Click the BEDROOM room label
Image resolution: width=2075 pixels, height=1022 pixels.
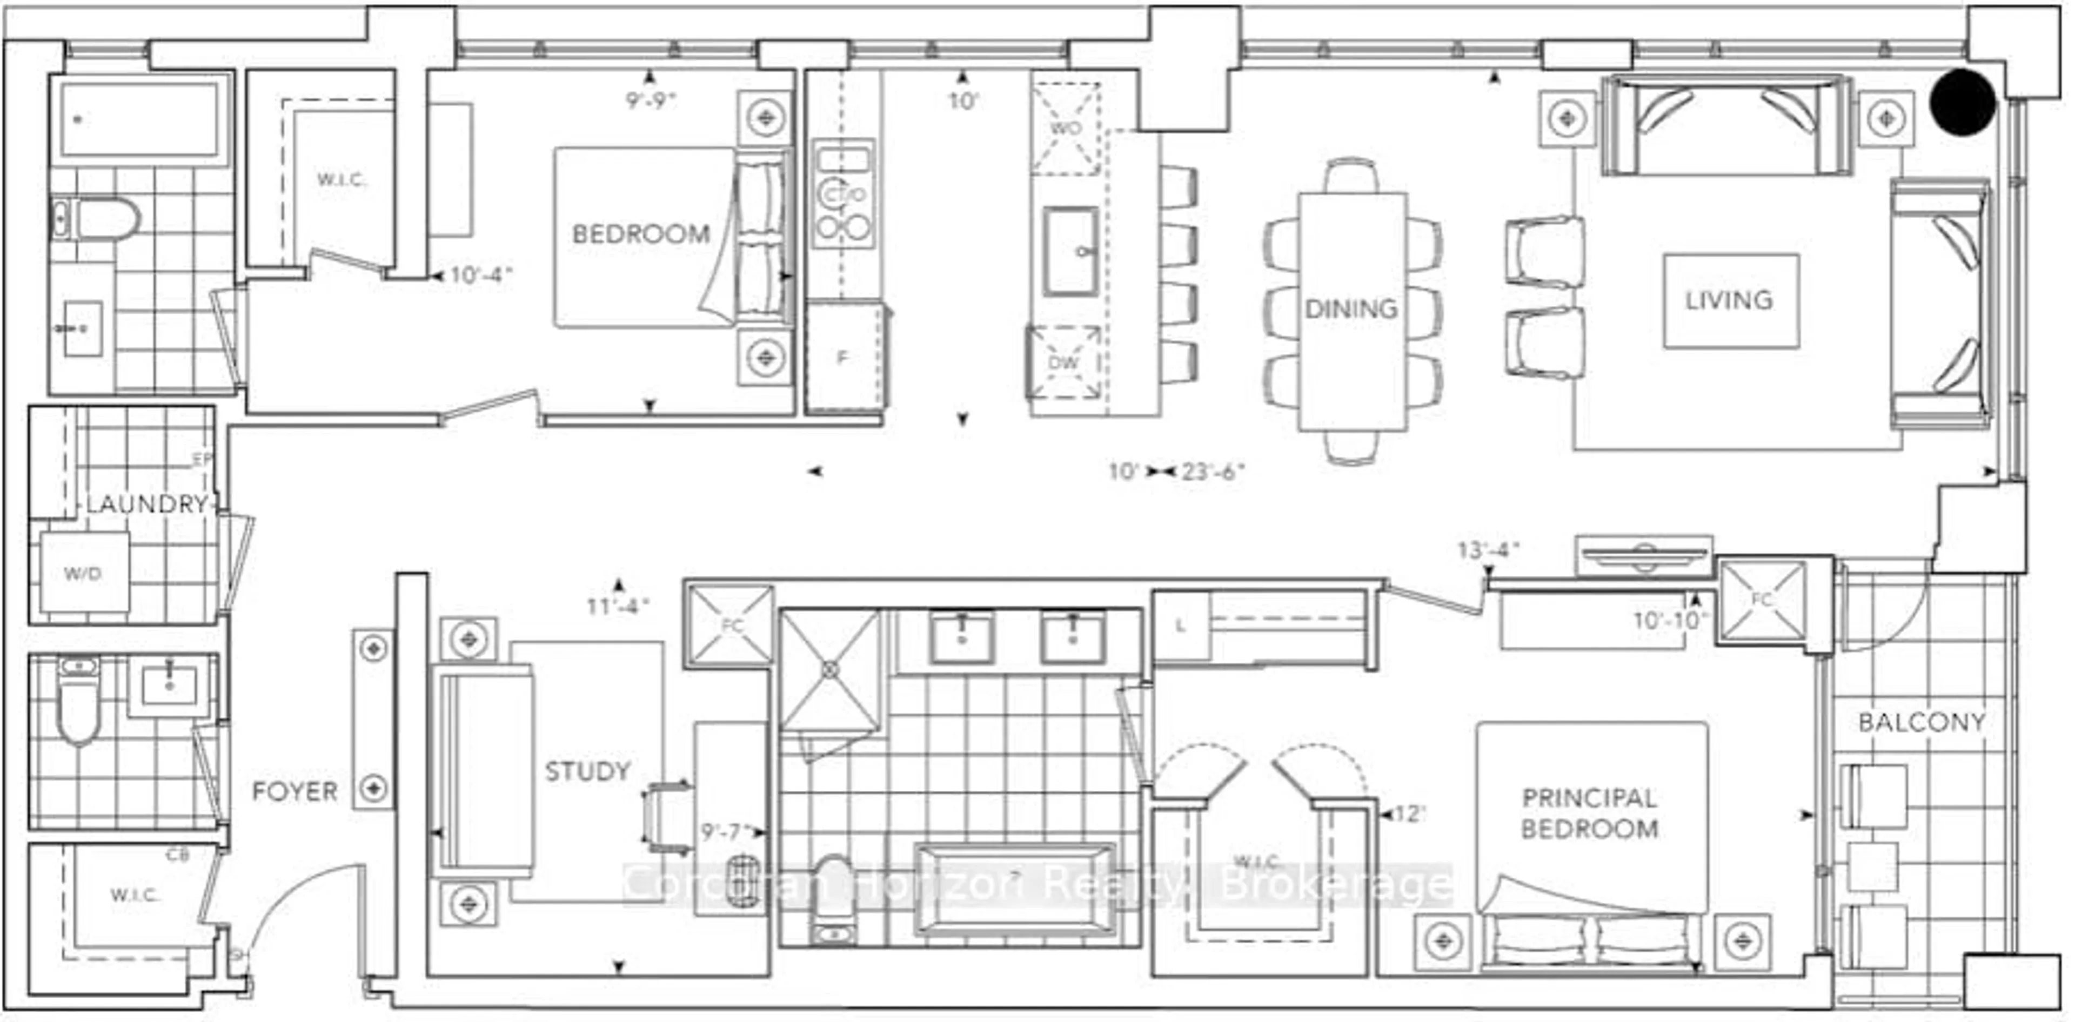(x=641, y=234)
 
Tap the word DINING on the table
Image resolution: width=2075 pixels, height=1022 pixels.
(x=1351, y=308)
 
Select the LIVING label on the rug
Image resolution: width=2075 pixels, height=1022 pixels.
(x=1729, y=300)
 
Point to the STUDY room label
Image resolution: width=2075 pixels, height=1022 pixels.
(x=587, y=771)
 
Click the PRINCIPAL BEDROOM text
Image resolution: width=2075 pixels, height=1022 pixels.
(x=1589, y=813)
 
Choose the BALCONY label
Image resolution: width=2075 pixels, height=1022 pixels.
(x=1921, y=722)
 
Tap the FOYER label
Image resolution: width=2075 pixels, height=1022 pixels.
(x=295, y=792)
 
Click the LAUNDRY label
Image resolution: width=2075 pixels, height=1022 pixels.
(x=148, y=505)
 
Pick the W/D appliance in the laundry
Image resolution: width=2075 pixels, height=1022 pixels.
(x=83, y=574)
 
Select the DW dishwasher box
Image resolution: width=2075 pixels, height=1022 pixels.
(x=1063, y=362)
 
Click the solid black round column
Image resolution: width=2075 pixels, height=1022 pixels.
(x=1962, y=102)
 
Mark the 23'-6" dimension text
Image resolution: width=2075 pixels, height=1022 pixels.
(x=1213, y=471)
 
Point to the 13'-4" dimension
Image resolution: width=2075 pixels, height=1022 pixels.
(x=1488, y=550)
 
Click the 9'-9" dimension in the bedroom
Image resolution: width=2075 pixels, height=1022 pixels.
(x=651, y=100)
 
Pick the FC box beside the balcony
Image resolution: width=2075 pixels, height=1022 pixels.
(x=1762, y=600)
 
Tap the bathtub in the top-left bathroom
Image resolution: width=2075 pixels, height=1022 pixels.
(x=138, y=120)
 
